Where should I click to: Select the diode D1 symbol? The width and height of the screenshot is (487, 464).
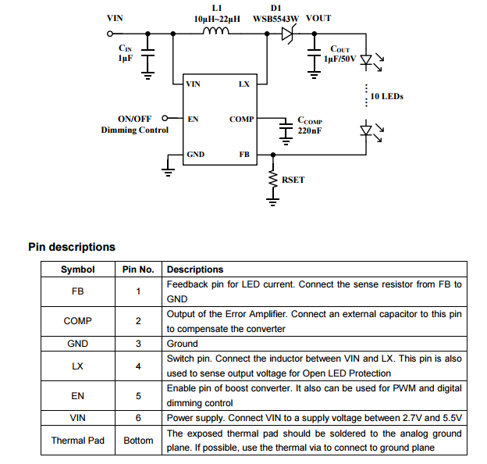[285, 34]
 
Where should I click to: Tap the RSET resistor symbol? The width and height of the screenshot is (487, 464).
[273, 180]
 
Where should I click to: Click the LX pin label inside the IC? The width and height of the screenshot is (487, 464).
[243, 84]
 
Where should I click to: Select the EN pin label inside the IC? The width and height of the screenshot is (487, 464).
[192, 120]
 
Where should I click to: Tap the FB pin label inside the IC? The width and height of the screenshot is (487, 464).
[244, 155]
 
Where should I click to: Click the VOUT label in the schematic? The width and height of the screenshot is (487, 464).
[318, 18]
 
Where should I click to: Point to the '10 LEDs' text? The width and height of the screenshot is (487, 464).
[386, 97]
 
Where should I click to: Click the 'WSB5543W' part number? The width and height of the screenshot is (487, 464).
[275, 18]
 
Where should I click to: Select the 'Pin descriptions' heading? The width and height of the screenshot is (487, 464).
[72, 247]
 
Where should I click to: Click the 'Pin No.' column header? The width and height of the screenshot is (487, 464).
[138, 269]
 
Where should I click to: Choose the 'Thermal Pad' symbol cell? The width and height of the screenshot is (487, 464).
[77, 441]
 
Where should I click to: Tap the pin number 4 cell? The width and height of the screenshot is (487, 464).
[138, 366]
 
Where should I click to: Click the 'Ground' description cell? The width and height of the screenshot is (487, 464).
[182, 344]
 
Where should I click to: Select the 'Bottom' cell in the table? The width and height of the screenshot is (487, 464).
[138, 441]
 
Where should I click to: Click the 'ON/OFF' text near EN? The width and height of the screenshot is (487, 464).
[134, 119]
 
